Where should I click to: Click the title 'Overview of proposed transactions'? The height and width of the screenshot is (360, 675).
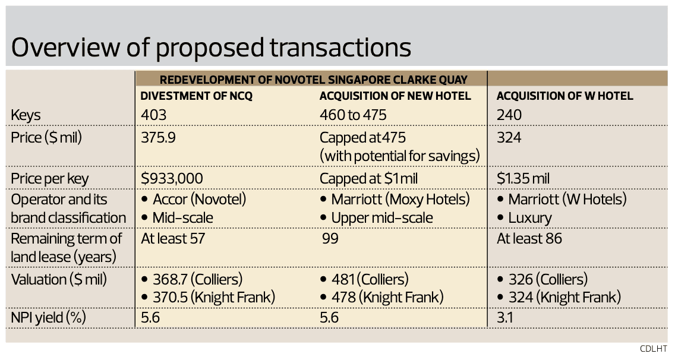211,48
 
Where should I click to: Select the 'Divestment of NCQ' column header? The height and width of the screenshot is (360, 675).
197,96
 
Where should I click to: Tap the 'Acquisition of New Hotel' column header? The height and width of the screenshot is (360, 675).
395,96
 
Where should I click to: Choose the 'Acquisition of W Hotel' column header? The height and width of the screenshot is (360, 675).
564,96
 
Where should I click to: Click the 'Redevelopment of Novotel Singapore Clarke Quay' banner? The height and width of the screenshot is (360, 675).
314,80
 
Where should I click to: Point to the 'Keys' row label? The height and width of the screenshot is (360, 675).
26,115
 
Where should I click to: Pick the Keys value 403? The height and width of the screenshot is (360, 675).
154,115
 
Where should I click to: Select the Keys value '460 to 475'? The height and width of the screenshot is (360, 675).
353,115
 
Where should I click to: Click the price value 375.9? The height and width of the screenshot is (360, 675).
159,138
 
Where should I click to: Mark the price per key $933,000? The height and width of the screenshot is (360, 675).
172,179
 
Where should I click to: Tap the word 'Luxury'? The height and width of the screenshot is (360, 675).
529,218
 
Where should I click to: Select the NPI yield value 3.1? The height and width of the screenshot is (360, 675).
505,318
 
